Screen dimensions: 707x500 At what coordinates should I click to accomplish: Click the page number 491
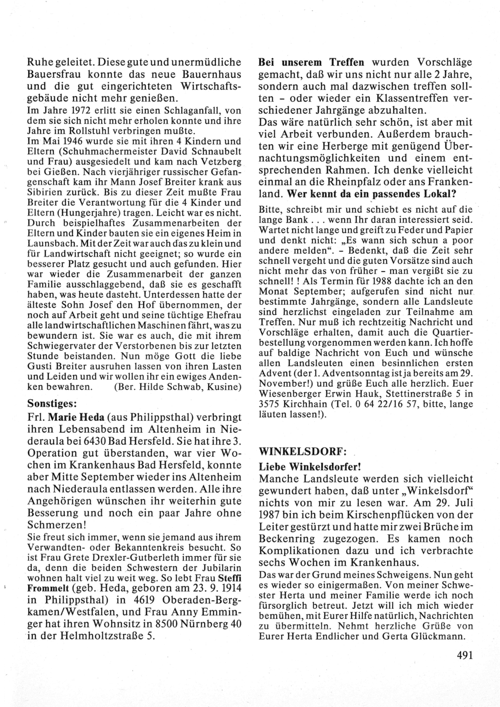464,655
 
